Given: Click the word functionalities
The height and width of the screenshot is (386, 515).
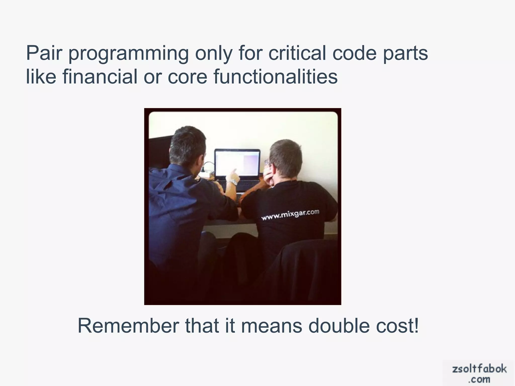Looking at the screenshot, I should [x=275, y=76].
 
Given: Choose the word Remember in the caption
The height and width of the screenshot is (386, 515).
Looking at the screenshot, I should [x=128, y=326].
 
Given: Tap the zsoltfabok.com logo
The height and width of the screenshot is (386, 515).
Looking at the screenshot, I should [x=479, y=373].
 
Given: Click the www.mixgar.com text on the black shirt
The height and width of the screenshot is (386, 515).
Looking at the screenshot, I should [x=290, y=215].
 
